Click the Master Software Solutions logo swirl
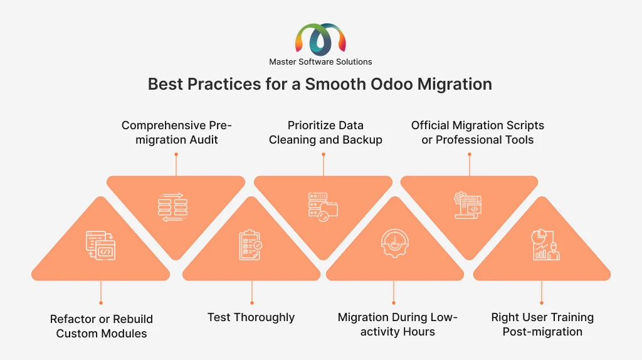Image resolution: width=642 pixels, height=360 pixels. pyautogui.click(x=320, y=40)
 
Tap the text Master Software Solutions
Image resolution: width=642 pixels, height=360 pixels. pyautogui.click(x=320, y=62)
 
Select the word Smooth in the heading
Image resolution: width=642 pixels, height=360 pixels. pyautogui.click(x=335, y=84)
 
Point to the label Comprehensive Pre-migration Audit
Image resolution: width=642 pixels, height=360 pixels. pyautogui.click(x=176, y=132)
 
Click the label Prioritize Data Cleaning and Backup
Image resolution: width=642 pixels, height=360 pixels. pyautogui.click(x=325, y=132)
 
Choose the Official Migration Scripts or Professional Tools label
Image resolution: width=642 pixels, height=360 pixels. pyautogui.click(x=477, y=132)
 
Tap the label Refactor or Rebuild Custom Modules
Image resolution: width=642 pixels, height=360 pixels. pyautogui.click(x=101, y=326)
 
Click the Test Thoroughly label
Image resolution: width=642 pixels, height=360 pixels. pyautogui.click(x=251, y=317)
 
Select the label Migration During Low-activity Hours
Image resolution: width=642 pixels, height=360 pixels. pyautogui.click(x=397, y=324)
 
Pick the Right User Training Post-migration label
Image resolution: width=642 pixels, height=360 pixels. pyautogui.click(x=542, y=324)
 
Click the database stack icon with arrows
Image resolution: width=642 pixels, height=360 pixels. pyautogui.click(x=173, y=207)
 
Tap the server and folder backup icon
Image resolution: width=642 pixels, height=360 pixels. pyautogui.click(x=323, y=207)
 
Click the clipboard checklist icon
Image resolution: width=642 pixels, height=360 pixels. pyautogui.click(x=251, y=245)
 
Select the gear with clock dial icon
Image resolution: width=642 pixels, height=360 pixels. pyautogui.click(x=395, y=243)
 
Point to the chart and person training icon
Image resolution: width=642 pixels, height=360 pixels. pyautogui.click(x=545, y=245)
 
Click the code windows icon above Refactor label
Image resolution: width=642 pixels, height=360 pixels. pyautogui.click(x=101, y=245)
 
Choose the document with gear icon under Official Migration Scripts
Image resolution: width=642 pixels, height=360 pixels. pyautogui.click(x=468, y=205)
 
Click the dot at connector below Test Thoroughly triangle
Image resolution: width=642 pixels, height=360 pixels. pyautogui.click(x=252, y=303)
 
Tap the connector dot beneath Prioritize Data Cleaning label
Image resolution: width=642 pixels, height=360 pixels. pyautogui.click(x=324, y=154)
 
